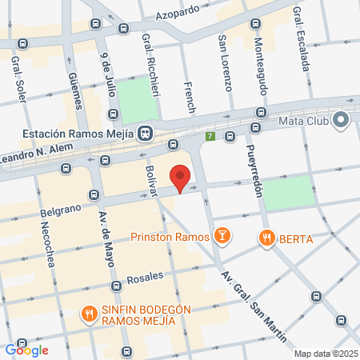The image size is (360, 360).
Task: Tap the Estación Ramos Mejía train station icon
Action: tap(146, 133)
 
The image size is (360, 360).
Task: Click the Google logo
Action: tap(26, 350)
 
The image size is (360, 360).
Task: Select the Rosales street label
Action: tap(146, 278)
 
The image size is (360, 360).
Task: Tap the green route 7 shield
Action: tap(210, 137)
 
